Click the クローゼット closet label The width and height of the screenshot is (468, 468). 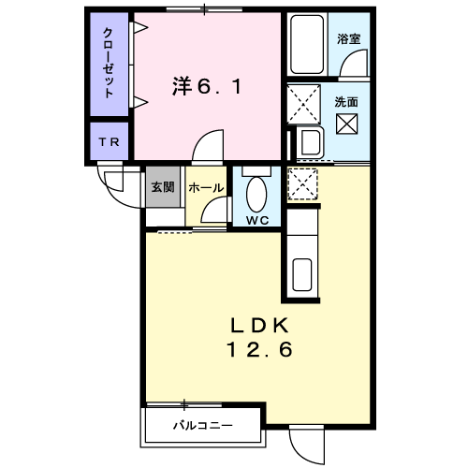(x=110, y=64)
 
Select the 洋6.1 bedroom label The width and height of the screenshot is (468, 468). (x=208, y=87)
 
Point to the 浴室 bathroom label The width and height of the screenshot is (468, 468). (x=348, y=39)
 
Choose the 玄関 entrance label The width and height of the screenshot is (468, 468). (x=162, y=186)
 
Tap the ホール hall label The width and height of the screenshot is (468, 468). (x=206, y=187)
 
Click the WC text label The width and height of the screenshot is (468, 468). (x=256, y=221)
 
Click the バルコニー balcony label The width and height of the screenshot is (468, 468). (x=201, y=426)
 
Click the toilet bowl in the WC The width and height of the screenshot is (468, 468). (x=256, y=195)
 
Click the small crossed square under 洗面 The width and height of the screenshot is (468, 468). (x=346, y=122)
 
